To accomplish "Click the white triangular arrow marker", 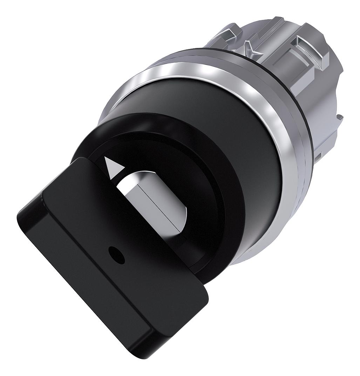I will click(x=113, y=168).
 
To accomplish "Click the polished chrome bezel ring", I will click(x=280, y=175).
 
